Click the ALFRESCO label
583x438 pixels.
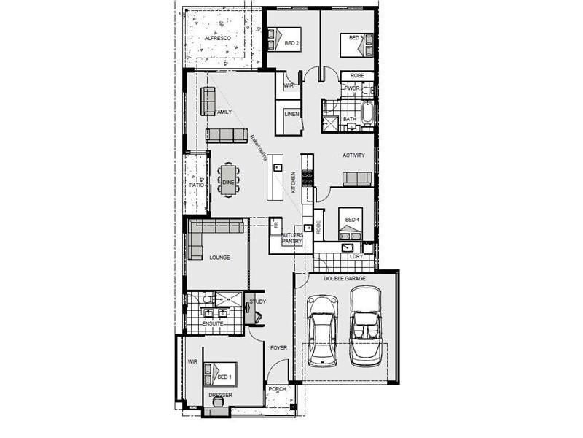(217, 37)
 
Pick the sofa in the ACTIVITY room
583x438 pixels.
(358, 179)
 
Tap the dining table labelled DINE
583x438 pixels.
(228, 180)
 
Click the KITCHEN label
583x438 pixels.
(294, 182)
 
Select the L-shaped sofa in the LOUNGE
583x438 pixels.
(208, 234)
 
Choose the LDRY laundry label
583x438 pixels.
(356, 257)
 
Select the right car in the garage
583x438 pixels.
(366, 325)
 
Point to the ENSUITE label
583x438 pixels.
(213, 323)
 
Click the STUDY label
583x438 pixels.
(257, 301)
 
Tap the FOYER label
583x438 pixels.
(278, 348)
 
